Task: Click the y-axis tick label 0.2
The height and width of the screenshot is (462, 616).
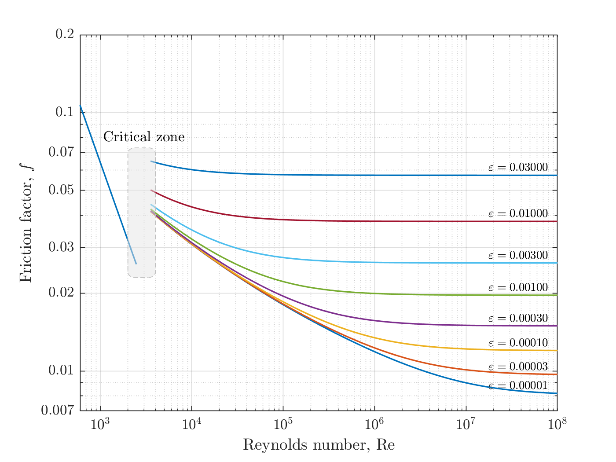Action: click(x=65, y=34)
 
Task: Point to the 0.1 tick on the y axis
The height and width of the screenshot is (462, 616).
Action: click(x=65, y=112)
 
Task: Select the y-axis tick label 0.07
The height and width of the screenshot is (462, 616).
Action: click(x=61, y=152)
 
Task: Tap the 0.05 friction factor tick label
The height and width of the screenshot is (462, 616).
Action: click(x=61, y=190)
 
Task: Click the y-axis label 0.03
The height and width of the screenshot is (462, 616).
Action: click(x=61, y=247)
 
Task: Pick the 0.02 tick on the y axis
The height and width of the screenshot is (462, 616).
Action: click(x=61, y=293)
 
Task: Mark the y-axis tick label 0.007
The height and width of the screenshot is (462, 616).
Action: click(x=58, y=411)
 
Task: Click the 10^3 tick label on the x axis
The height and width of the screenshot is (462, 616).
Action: click(x=100, y=424)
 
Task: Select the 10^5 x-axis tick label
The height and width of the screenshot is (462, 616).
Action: click(x=283, y=424)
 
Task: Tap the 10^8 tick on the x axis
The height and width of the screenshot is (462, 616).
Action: click(x=557, y=424)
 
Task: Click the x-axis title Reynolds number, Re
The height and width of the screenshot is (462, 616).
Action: click(x=319, y=445)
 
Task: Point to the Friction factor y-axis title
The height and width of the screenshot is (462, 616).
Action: click(x=26, y=223)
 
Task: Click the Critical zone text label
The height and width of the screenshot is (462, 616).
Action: click(x=144, y=137)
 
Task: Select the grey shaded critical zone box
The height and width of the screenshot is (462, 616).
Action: click(x=142, y=213)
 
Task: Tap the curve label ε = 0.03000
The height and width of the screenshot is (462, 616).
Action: click(x=518, y=167)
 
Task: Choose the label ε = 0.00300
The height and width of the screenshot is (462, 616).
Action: click(x=518, y=255)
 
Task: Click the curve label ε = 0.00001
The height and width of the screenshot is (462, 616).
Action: click(x=518, y=385)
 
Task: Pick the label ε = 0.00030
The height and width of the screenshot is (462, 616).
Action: click(x=518, y=318)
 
